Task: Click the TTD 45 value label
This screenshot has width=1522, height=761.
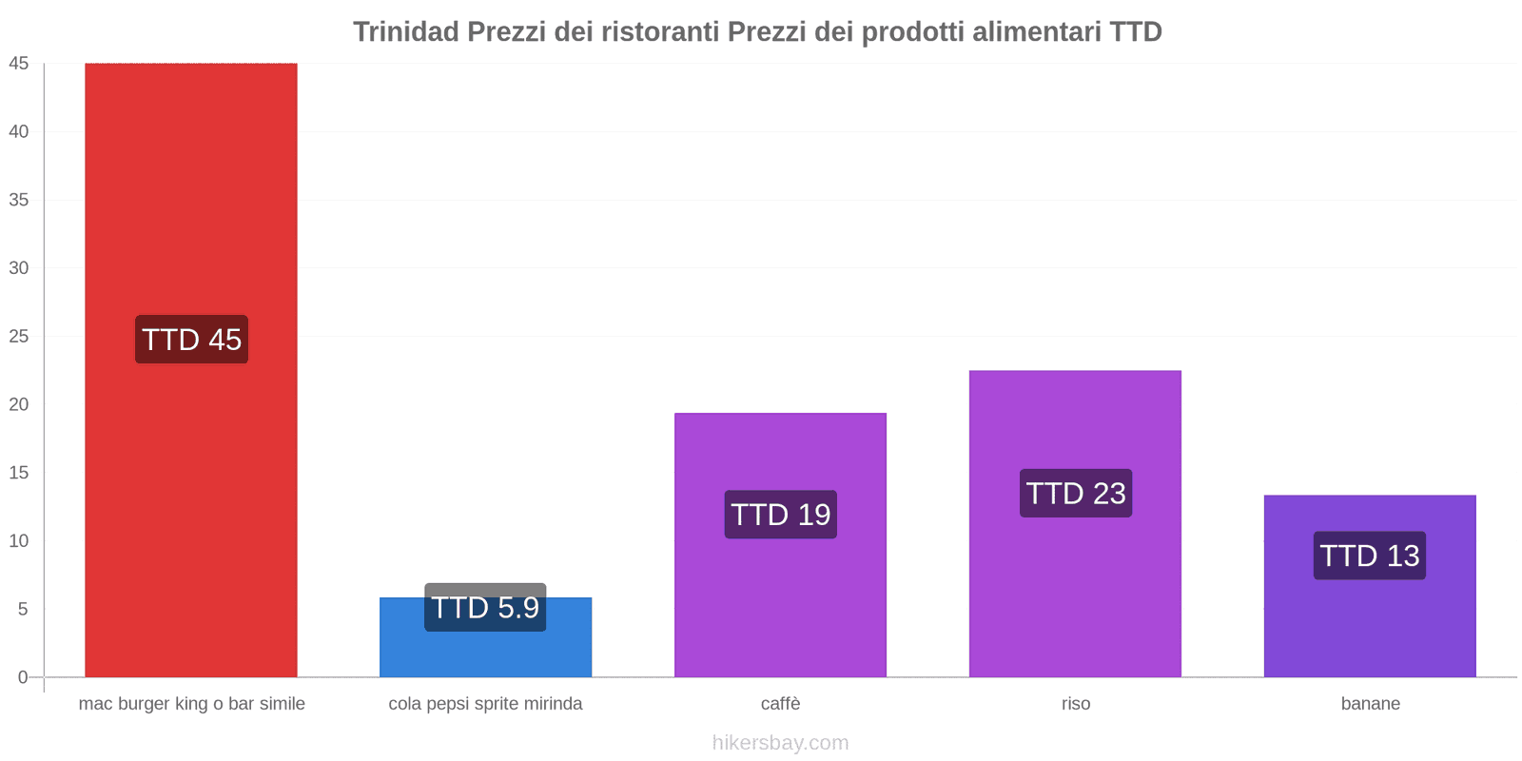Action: [x=191, y=340]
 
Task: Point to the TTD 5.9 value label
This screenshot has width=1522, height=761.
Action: [x=485, y=607]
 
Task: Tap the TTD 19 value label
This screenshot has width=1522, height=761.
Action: [x=780, y=515]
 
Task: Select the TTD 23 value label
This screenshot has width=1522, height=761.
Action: [x=1076, y=494]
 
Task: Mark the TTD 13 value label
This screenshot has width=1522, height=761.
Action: [x=1370, y=556]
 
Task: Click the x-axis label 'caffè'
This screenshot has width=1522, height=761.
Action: [x=780, y=704]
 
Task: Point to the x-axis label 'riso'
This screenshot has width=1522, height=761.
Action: [x=1076, y=704]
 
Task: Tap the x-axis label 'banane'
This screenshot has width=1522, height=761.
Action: [x=1370, y=704]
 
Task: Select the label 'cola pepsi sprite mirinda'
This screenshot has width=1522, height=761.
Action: [x=485, y=704]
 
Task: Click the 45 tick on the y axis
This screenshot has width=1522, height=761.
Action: [x=19, y=64]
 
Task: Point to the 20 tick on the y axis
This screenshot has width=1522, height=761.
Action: [x=19, y=404]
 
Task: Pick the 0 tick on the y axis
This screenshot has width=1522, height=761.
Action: [x=23, y=677]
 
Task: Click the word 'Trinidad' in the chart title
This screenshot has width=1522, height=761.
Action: [x=406, y=32]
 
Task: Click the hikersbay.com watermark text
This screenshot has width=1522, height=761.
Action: [x=780, y=743]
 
